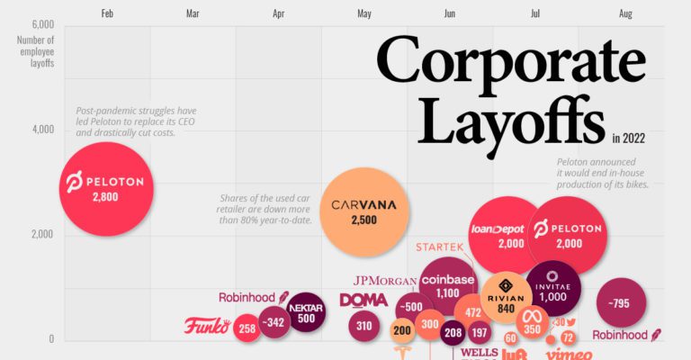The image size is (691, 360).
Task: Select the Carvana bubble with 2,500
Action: [x=363, y=212]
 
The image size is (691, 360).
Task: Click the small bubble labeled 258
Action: [x=247, y=328]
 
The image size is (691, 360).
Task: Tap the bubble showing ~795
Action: [x=618, y=304]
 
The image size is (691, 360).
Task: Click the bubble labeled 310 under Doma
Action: [x=364, y=326]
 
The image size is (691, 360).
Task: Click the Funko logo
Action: [x=208, y=326]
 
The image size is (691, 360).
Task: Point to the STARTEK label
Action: [x=439, y=246]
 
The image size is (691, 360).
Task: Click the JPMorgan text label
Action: [x=385, y=280]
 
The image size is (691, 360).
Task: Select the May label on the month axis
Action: [x=364, y=13]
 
